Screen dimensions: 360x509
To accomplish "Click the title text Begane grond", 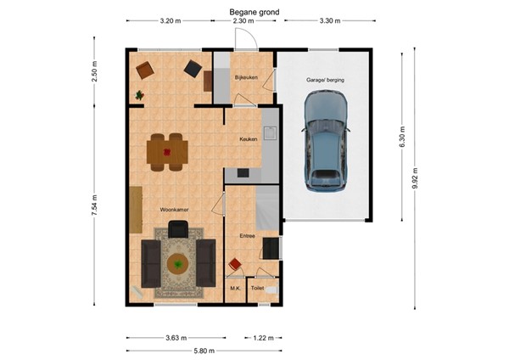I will point(254,12).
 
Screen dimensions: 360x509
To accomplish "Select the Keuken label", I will point(248,138).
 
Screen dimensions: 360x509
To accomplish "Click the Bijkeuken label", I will point(245,77).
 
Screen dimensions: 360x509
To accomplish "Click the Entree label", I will point(247,236).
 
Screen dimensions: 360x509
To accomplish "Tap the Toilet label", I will point(258,289).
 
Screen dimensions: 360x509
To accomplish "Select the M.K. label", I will point(235,289).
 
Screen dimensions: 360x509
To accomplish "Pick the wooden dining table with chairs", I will point(167,153).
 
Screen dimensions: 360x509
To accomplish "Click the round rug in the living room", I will point(178,264).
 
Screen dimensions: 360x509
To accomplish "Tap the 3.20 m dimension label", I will point(170,22).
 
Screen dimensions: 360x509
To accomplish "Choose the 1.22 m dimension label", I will point(264,337).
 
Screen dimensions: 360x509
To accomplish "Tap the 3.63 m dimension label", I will point(174,337).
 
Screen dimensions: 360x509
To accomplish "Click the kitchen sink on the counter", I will point(270,132).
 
